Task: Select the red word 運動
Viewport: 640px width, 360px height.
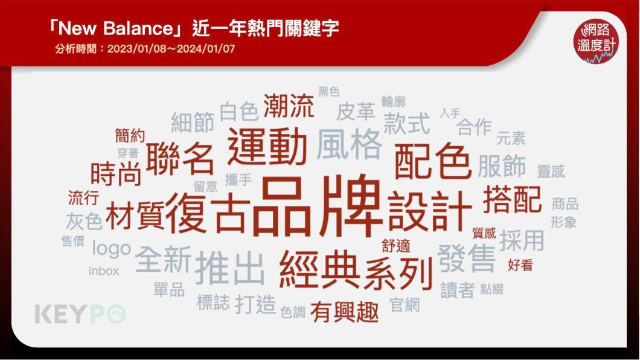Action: (x=267, y=146)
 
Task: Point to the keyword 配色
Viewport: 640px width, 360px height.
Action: (x=432, y=161)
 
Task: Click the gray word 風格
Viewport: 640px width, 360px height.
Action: (x=349, y=144)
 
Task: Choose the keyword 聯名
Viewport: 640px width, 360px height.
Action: (x=180, y=159)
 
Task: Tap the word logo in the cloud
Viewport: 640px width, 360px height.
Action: (x=112, y=248)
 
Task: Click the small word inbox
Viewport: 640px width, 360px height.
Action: (x=104, y=271)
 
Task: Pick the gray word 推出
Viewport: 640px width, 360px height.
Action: (x=230, y=269)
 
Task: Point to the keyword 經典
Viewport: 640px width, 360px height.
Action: (x=319, y=269)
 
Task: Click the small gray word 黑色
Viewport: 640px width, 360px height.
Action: (x=328, y=91)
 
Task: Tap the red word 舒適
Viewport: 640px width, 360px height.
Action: (x=395, y=246)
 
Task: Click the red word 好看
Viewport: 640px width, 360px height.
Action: (x=520, y=265)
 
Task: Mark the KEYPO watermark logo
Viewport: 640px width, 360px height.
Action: (x=80, y=314)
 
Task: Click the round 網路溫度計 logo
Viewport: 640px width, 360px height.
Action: (x=596, y=41)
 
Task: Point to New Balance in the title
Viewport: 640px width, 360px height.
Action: (x=117, y=28)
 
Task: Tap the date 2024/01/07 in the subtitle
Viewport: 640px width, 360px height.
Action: (x=206, y=48)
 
